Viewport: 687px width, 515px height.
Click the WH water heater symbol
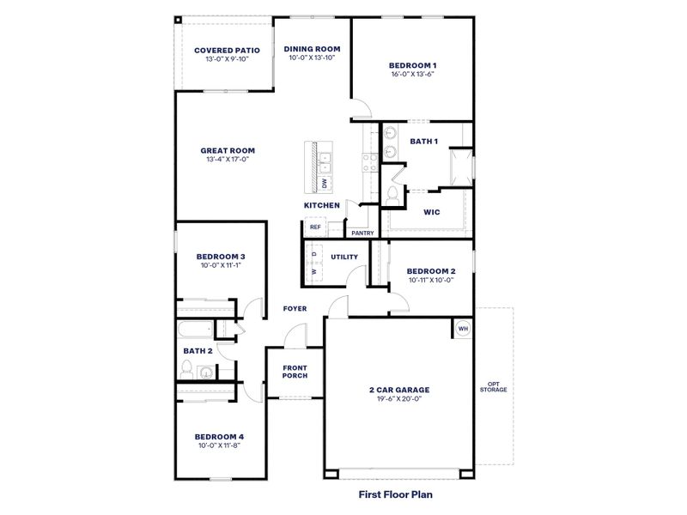tap(462, 329)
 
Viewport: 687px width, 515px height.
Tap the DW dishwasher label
tap(325, 183)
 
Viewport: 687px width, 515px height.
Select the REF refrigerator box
tap(315, 227)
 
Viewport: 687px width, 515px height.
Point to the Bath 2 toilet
tap(186, 370)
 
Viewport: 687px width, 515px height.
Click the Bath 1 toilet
tap(393, 195)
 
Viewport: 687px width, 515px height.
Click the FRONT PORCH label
tap(295, 371)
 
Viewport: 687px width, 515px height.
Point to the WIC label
tap(432, 212)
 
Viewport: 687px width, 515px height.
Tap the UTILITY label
tap(344, 257)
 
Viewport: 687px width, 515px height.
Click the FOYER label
tap(295, 309)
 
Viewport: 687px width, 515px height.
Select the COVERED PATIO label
tap(227, 50)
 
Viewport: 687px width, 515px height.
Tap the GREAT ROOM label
tap(228, 150)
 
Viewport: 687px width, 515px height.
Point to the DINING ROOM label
tap(313, 49)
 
